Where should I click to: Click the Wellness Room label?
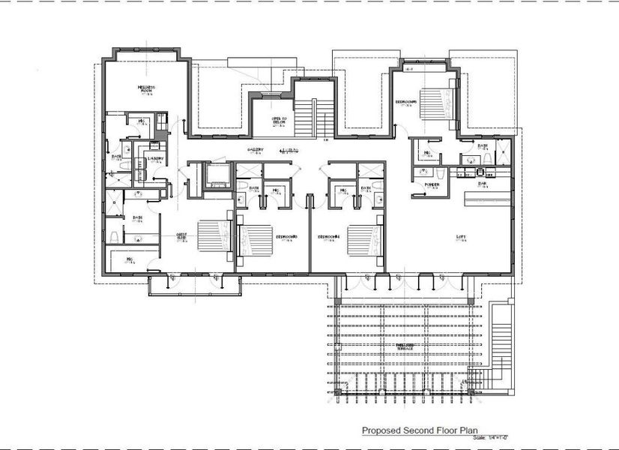tap(145, 89)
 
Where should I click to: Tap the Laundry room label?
tap(157, 158)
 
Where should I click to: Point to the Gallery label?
tap(256, 150)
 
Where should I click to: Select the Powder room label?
tap(431, 184)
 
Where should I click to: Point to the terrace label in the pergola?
tap(405, 346)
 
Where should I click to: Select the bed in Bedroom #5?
tap(435, 103)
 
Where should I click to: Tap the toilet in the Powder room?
tap(442, 175)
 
